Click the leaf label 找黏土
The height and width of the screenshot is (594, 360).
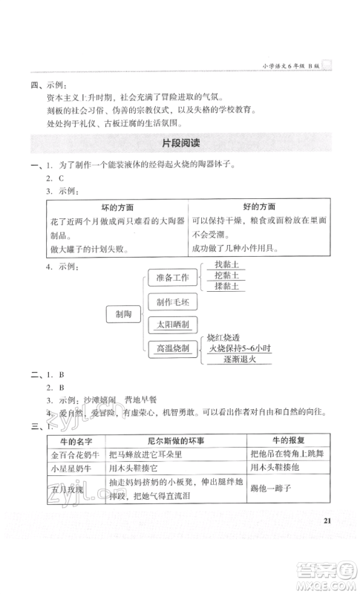coord(226,264)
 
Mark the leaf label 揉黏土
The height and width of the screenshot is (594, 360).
coord(226,287)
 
